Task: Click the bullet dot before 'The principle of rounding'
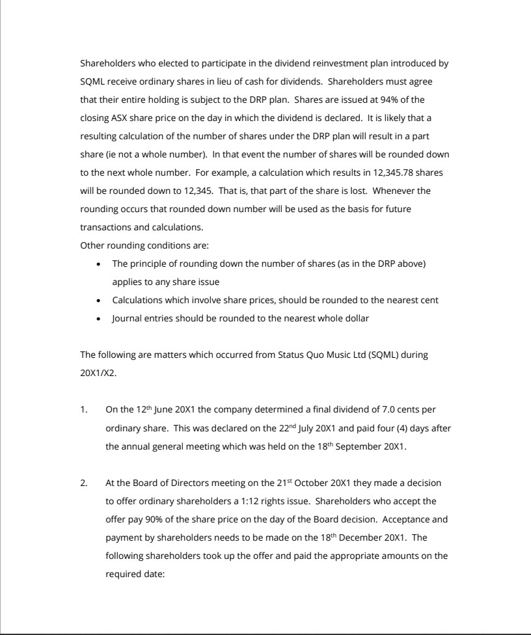coord(98,264)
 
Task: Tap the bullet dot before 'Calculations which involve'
coord(98,301)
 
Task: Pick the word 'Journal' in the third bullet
coord(128,318)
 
